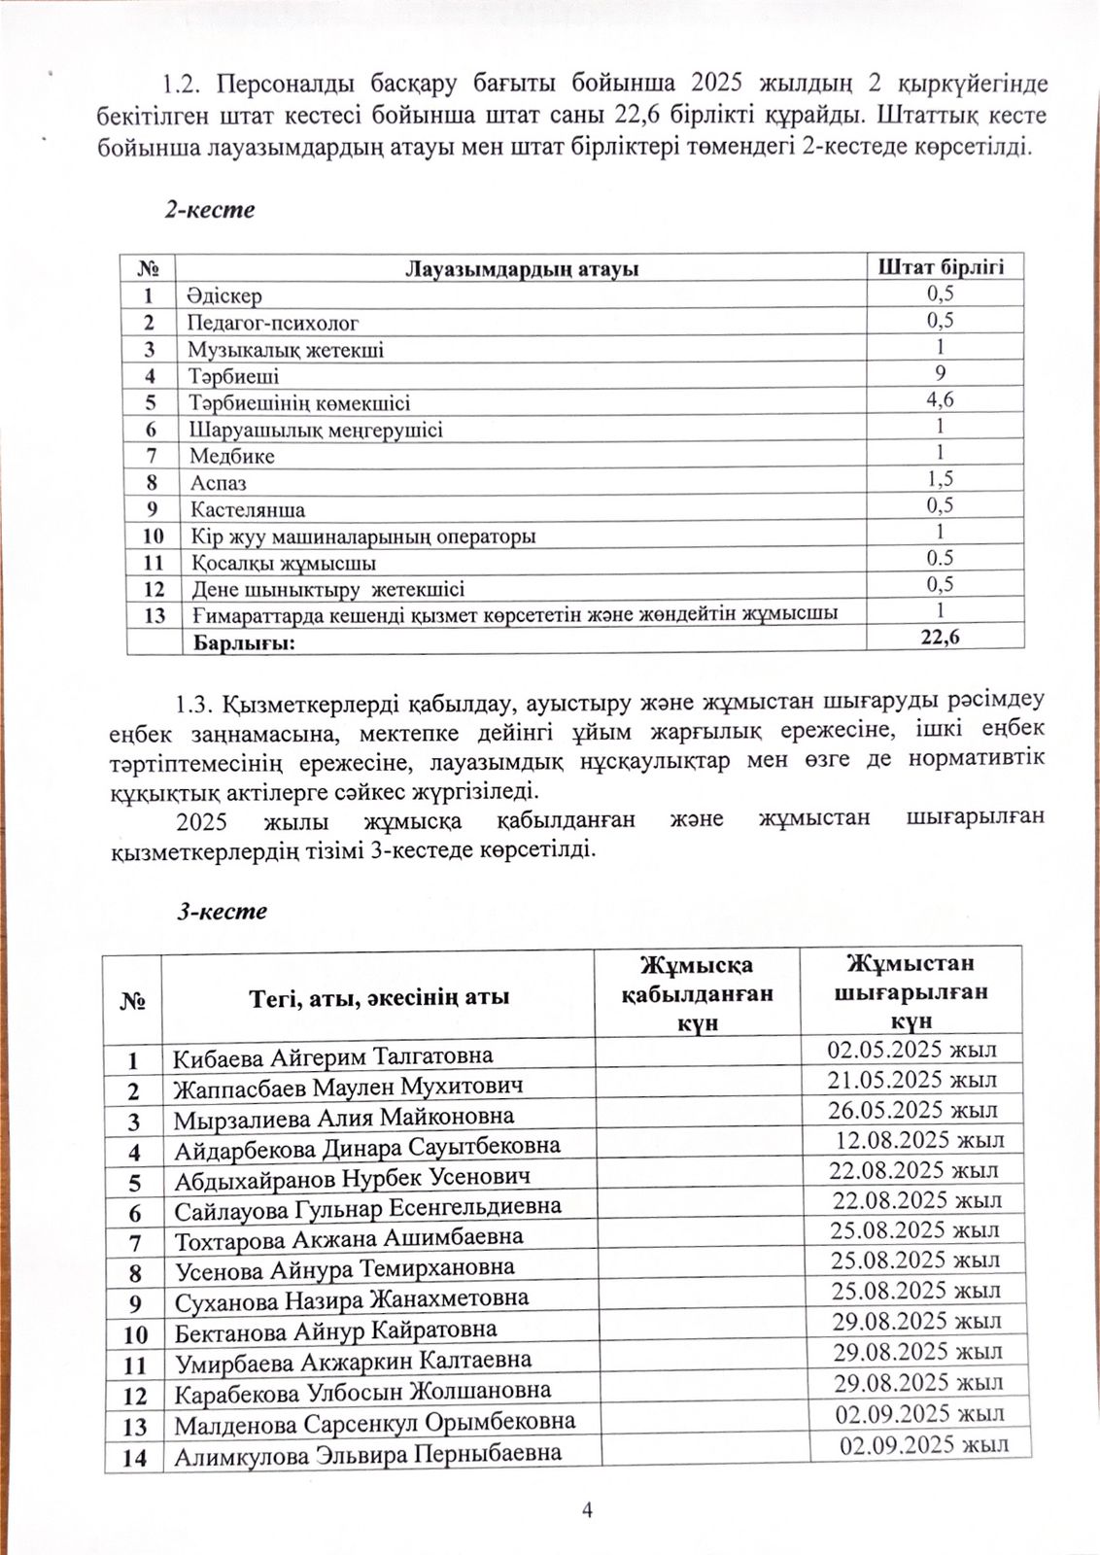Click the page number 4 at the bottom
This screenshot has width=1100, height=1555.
tap(587, 1509)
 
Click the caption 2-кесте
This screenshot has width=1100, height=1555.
tap(209, 210)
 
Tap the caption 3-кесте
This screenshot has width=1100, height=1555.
tap(221, 911)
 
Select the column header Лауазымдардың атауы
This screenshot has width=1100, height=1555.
tap(521, 269)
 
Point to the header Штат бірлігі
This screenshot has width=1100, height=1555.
tap(941, 266)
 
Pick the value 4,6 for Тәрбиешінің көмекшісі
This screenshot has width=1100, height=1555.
tap(940, 399)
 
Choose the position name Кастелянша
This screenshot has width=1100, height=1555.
tap(248, 509)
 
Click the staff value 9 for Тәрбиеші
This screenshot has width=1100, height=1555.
tap(940, 373)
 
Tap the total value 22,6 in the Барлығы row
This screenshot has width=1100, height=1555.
tap(940, 637)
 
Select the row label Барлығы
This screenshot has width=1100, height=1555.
tap(245, 642)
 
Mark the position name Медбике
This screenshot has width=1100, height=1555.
tap(232, 456)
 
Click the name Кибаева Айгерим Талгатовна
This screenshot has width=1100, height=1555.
tap(333, 1056)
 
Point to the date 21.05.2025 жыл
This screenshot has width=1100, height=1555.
tap(911, 1080)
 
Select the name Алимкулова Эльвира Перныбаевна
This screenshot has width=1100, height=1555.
tap(368, 1455)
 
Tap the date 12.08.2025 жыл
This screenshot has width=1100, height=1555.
tap(919, 1140)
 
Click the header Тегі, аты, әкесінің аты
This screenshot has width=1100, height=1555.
tap(378, 997)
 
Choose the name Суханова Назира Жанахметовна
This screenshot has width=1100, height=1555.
tap(352, 1300)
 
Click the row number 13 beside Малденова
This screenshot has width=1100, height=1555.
tap(134, 1427)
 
